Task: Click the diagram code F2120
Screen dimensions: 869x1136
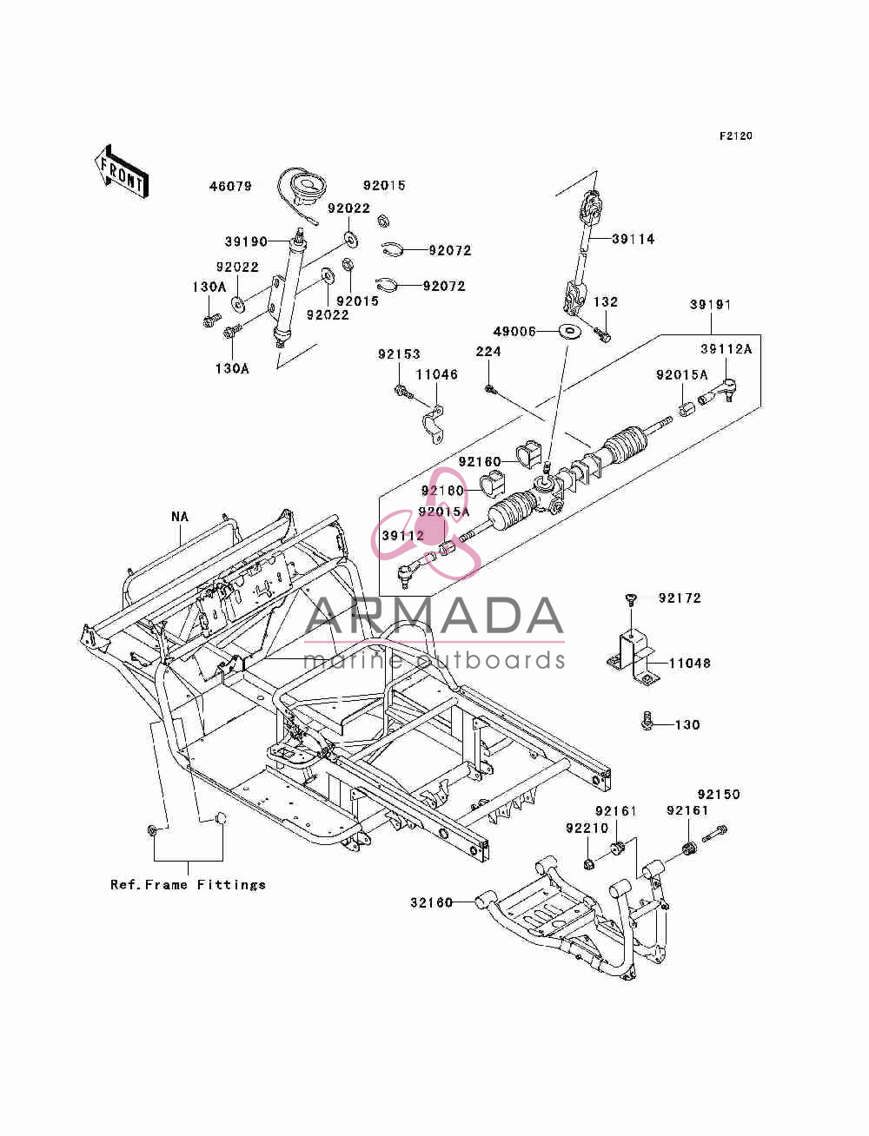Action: (x=735, y=136)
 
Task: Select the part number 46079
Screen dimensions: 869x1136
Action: (x=230, y=187)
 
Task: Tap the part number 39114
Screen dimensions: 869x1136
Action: (x=634, y=239)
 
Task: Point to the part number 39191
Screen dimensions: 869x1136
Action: (x=711, y=305)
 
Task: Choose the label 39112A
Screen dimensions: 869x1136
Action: (x=726, y=349)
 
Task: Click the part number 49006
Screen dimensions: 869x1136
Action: (x=514, y=332)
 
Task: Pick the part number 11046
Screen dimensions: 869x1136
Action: (x=437, y=374)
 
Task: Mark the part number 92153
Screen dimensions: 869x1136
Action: (x=399, y=354)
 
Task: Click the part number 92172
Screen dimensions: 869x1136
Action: (x=680, y=598)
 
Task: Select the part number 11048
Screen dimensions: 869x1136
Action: (x=690, y=664)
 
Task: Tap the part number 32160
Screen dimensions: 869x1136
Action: (x=431, y=903)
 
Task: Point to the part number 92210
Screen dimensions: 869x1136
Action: (x=587, y=829)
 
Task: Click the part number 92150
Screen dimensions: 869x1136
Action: (x=719, y=795)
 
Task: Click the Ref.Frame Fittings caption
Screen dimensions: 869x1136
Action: (x=188, y=885)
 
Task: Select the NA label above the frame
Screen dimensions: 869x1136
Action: (x=180, y=517)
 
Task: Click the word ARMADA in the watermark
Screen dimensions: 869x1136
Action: (x=434, y=616)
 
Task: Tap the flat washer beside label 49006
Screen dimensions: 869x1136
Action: (x=568, y=331)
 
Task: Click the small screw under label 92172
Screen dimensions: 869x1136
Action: (x=631, y=600)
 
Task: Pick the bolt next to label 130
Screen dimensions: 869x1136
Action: (x=647, y=721)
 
